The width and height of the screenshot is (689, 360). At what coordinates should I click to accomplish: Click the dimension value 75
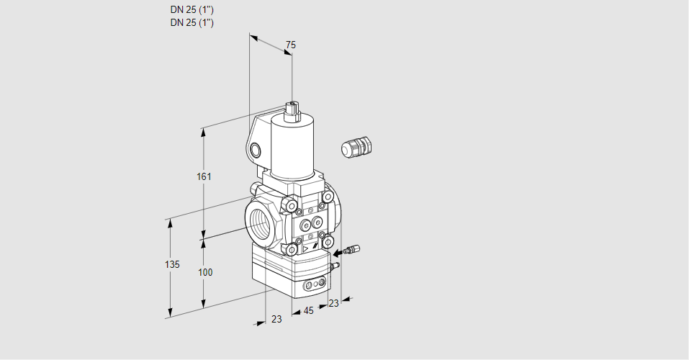click(290, 45)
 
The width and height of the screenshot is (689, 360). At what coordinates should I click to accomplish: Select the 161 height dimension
click(204, 177)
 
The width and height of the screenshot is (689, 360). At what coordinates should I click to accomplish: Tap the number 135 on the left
click(171, 265)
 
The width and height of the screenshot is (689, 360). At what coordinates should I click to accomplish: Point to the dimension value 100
click(205, 272)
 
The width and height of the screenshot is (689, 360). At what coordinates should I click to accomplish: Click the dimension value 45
click(308, 311)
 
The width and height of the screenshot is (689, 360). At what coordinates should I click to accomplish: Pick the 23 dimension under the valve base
click(276, 319)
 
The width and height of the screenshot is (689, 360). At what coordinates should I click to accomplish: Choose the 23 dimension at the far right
click(333, 303)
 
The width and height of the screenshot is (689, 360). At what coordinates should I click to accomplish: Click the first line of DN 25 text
click(192, 10)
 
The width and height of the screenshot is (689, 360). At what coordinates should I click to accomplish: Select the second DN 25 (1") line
click(192, 22)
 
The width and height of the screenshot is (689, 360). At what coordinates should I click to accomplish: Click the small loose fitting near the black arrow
click(352, 250)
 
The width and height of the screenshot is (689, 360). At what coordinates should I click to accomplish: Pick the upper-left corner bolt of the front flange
click(291, 207)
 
